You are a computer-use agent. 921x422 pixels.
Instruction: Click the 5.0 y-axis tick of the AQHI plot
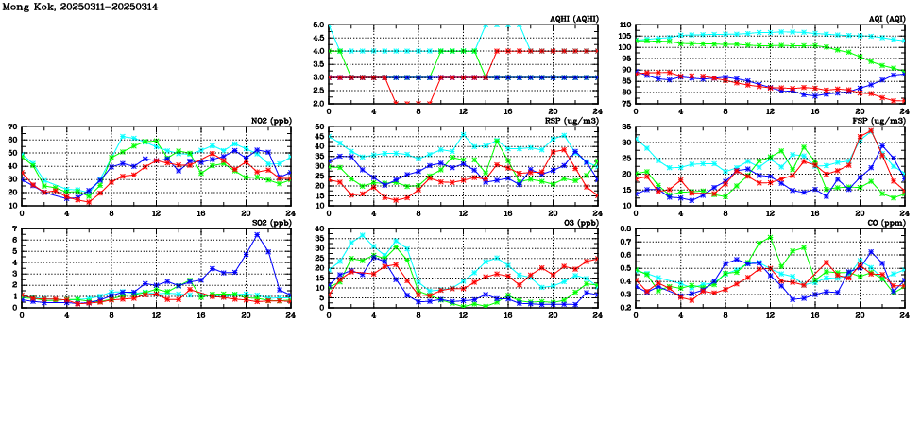pos(318,25)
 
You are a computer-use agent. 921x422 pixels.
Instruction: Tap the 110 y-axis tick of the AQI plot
pos(624,25)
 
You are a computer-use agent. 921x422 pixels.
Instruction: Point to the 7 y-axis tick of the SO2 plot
pos(14,229)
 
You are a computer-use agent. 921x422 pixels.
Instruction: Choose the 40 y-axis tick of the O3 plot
pos(318,229)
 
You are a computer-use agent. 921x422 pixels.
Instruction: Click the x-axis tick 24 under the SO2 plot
pos(290,315)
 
